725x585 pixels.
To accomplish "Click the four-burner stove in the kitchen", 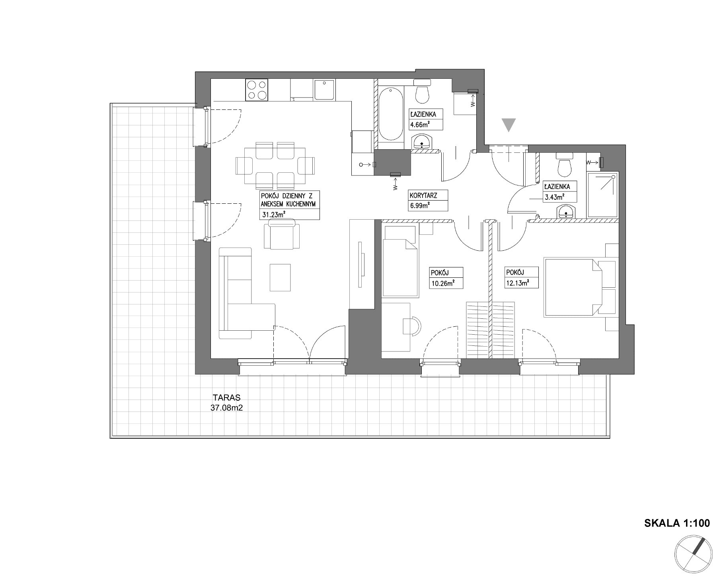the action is [257, 90].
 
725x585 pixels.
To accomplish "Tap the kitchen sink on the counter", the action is [324, 89].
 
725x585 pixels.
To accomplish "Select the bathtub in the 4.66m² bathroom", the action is [391, 114].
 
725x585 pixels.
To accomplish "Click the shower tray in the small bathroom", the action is [602, 195].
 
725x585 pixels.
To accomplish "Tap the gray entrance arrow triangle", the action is [509, 125].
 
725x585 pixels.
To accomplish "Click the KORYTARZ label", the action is [423, 196].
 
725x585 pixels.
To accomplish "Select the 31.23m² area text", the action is [273, 215].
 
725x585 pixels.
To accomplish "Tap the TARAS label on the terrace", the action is [226, 398].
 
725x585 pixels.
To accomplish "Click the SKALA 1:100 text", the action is [677, 523].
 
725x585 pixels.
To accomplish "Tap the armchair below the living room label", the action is [282, 236].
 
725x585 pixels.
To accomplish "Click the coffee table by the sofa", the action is [280, 277].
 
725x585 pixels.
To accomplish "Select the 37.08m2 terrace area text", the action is [226, 408].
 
